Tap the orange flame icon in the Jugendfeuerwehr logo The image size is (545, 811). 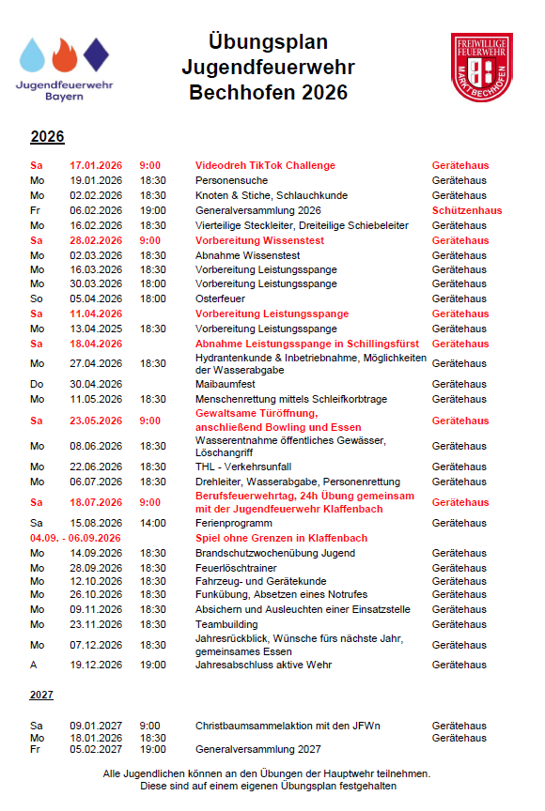(63, 56)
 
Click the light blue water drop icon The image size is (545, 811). (33, 55)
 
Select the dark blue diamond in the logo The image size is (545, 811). (95, 54)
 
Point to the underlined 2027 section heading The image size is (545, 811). (41, 696)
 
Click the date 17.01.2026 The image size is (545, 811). (96, 165)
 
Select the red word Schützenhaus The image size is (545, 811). (466, 210)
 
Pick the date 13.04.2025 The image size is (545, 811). (96, 329)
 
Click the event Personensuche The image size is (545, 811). (231, 180)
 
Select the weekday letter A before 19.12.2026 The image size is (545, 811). (34, 666)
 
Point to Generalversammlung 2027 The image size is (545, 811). (257, 749)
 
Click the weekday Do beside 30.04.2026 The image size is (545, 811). (37, 384)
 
